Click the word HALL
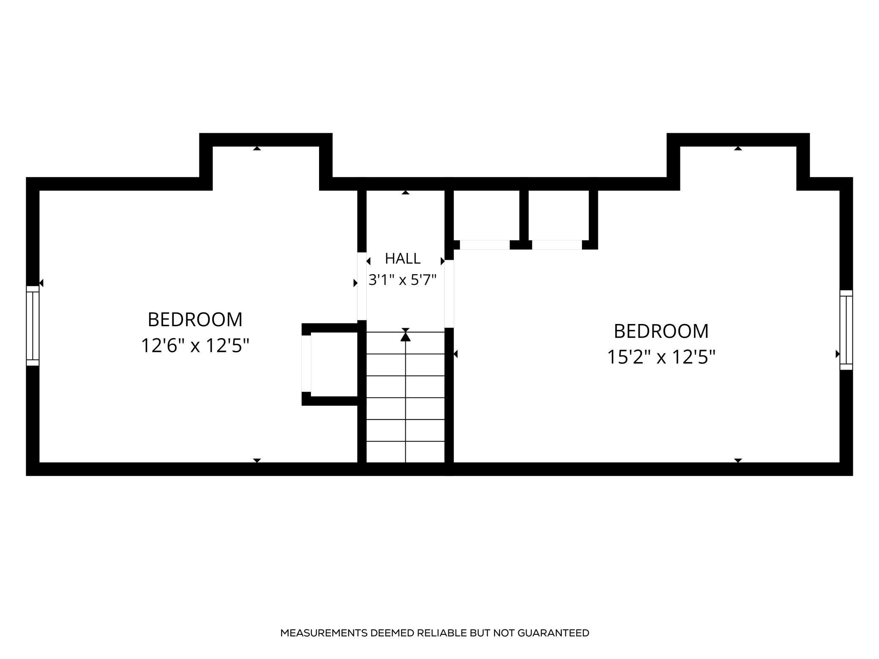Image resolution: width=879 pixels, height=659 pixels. pos(402,258)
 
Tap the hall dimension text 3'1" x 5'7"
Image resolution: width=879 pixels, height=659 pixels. pos(402,280)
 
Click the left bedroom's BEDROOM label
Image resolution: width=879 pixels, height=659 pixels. pos(195,319)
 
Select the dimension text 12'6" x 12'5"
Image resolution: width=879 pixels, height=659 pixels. pos(195,346)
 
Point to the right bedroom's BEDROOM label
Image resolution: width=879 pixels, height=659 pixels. pos(661,331)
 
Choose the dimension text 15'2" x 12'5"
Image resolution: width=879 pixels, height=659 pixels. pos(661,357)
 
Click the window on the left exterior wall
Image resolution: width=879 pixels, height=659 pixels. pos(33,326)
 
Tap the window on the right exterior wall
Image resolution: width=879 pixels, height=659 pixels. pos(846,330)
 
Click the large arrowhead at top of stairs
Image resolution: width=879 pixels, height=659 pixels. pos(406,337)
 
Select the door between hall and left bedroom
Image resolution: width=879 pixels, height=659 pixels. pos(362,286)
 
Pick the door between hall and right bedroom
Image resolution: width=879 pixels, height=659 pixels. pos(449,294)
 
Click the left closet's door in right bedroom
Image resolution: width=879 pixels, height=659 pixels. pos(485,245)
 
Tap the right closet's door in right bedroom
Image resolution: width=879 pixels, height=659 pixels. pos(557,245)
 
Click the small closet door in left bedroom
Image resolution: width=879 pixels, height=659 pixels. pos(306,364)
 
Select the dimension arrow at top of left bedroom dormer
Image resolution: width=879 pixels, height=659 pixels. pos(257,148)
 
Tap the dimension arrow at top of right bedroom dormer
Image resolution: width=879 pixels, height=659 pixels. pos(738,148)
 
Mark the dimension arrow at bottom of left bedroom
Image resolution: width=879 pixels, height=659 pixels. pos(257,460)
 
